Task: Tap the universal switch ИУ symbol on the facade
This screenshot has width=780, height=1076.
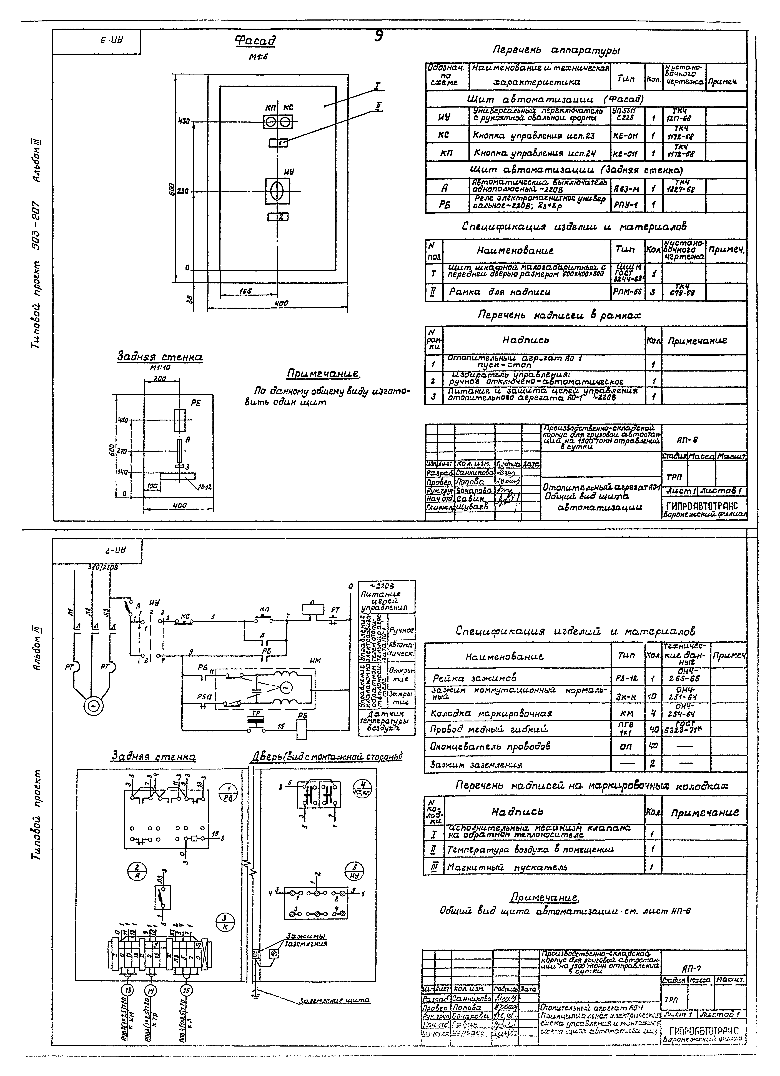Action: tap(277, 191)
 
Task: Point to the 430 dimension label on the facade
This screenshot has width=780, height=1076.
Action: tap(184, 121)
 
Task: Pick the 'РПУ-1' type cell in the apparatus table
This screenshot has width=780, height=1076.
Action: tap(626, 205)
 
